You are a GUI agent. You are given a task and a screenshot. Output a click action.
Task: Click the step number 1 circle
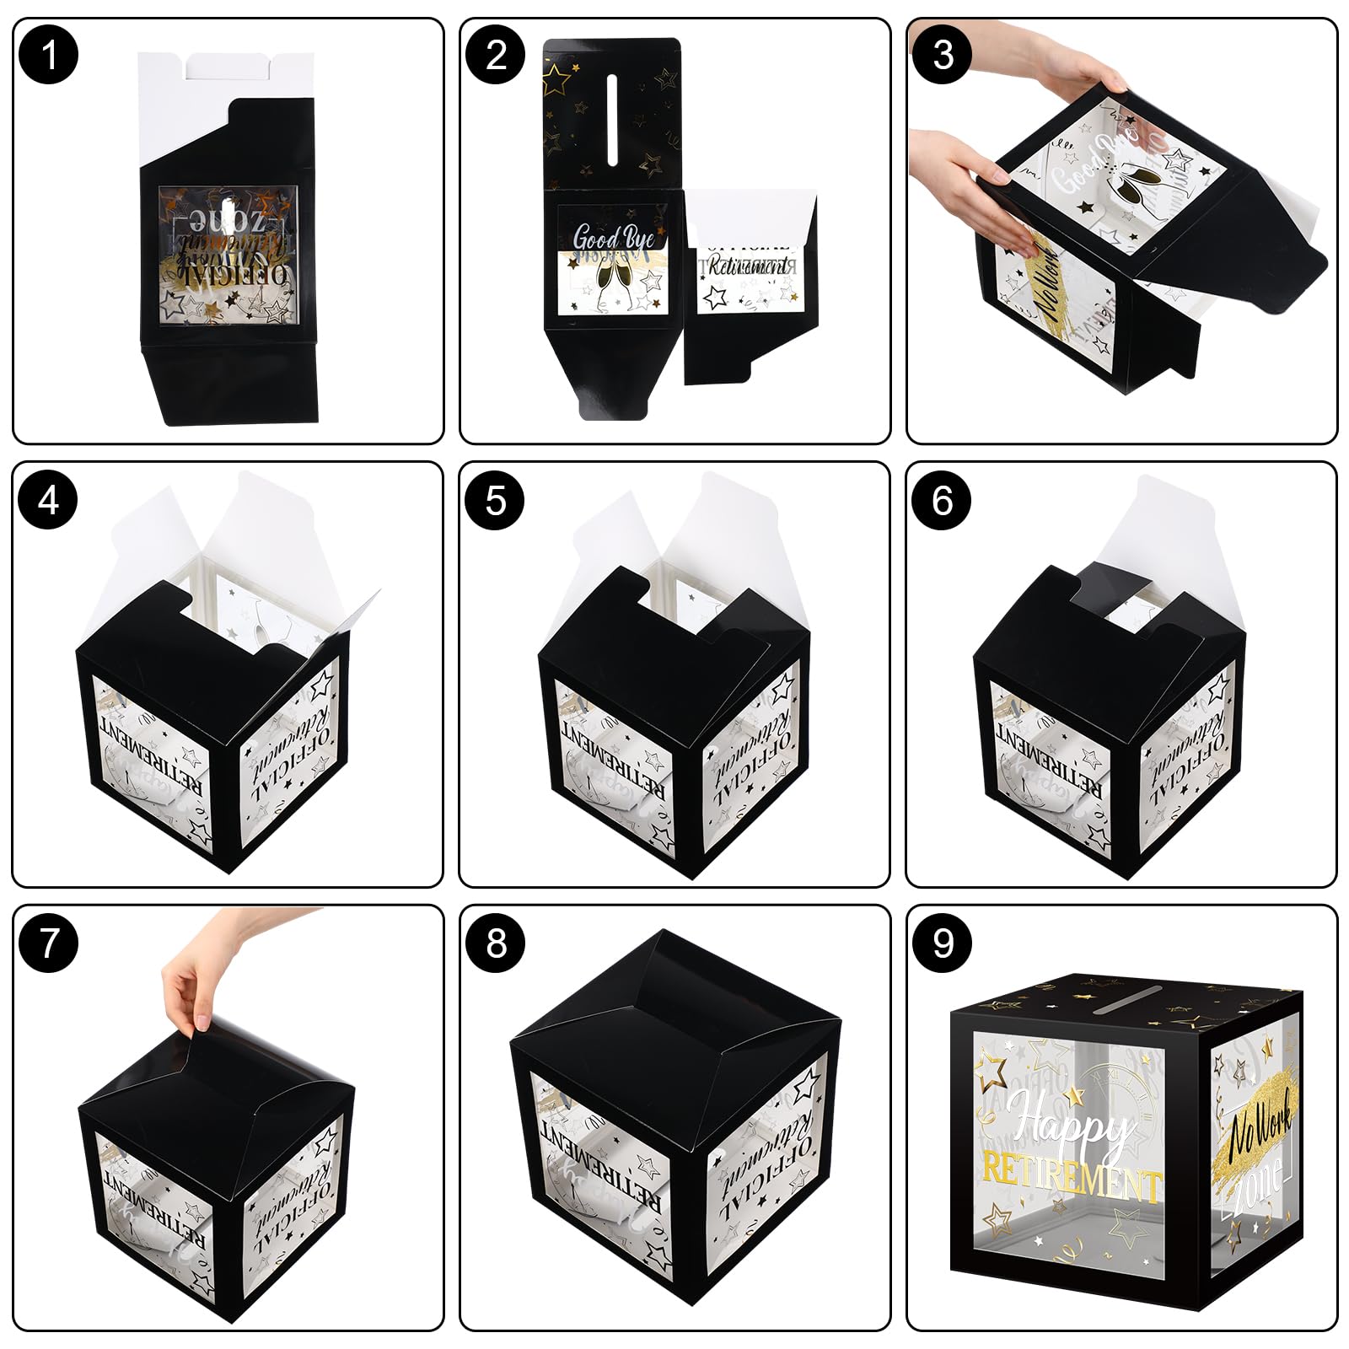click(x=49, y=56)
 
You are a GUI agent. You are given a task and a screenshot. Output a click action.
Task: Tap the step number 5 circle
click(x=496, y=500)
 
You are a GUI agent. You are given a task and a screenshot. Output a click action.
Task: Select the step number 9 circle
click(x=943, y=943)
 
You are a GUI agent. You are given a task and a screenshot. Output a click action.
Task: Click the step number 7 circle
click(x=49, y=943)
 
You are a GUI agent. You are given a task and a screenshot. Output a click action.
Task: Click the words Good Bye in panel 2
click(x=613, y=238)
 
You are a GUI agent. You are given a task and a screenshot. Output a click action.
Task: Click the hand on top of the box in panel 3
click(x=1083, y=84)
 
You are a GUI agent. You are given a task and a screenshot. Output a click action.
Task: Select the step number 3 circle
click(x=943, y=56)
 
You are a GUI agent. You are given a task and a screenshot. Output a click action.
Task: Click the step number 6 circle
click(x=943, y=500)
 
